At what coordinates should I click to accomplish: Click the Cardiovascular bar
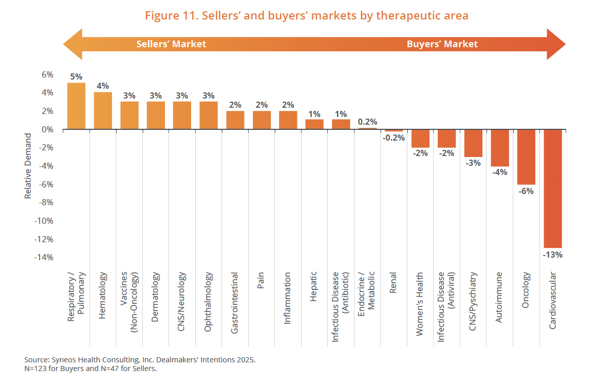coord(553,188)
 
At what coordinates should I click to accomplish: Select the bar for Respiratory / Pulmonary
coord(76,106)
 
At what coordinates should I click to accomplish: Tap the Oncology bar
coord(526,157)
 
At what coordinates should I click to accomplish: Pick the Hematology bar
coord(103,110)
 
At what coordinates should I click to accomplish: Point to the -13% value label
coord(553,254)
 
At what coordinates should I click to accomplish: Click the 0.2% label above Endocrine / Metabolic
coord(367,122)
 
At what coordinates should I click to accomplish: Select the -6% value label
coord(526,191)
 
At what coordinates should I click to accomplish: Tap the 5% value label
coord(76,77)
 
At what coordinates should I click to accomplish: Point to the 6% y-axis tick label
coord(47,74)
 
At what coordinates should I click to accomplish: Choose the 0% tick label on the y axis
coord(47,129)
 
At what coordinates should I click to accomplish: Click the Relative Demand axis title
coord(28,166)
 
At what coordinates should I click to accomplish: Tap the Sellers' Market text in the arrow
coord(171,44)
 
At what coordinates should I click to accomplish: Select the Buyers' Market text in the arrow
coord(442,44)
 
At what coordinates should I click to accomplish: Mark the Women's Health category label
coord(420,304)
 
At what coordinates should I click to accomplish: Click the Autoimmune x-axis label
coord(499,298)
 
